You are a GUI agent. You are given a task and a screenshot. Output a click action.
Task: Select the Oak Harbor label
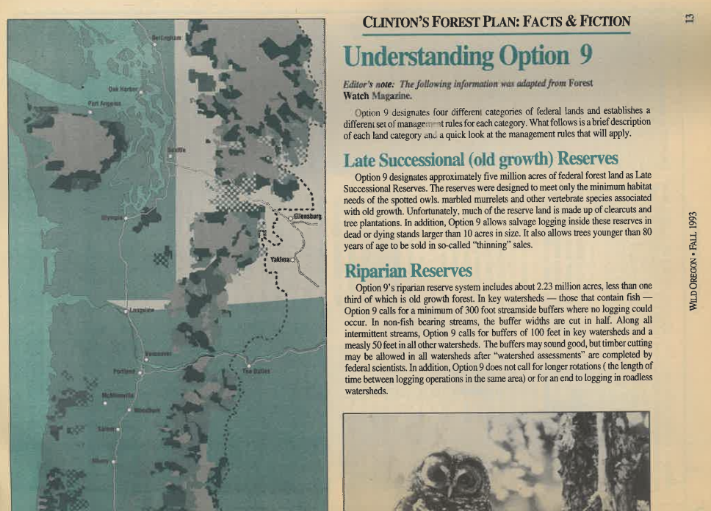123,90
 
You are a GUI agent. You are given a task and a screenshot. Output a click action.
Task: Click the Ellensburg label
307,217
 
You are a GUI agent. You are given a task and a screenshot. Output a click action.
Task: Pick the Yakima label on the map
279,260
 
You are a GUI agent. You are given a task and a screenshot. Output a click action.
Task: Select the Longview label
141,311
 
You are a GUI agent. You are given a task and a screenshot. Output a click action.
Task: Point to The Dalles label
256,372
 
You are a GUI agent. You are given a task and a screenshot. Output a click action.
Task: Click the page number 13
689,16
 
